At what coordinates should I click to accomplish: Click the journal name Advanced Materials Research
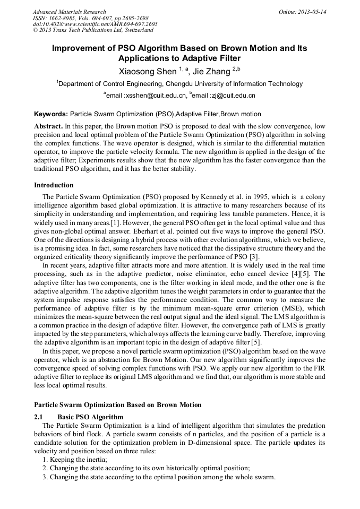(x=69, y=12)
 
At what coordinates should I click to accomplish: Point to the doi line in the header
(x=95, y=24)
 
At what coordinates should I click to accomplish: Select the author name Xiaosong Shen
(x=149, y=71)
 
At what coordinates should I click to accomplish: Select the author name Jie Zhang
(x=210, y=71)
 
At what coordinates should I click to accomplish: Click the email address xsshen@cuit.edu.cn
(x=155, y=96)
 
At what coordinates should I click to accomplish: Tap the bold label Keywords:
(x=51, y=114)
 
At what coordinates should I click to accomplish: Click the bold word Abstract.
(x=48, y=127)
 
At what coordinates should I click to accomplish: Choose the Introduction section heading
(x=54, y=185)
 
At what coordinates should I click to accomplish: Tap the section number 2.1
(x=39, y=417)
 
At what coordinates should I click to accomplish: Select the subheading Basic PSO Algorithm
(x=90, y=417)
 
